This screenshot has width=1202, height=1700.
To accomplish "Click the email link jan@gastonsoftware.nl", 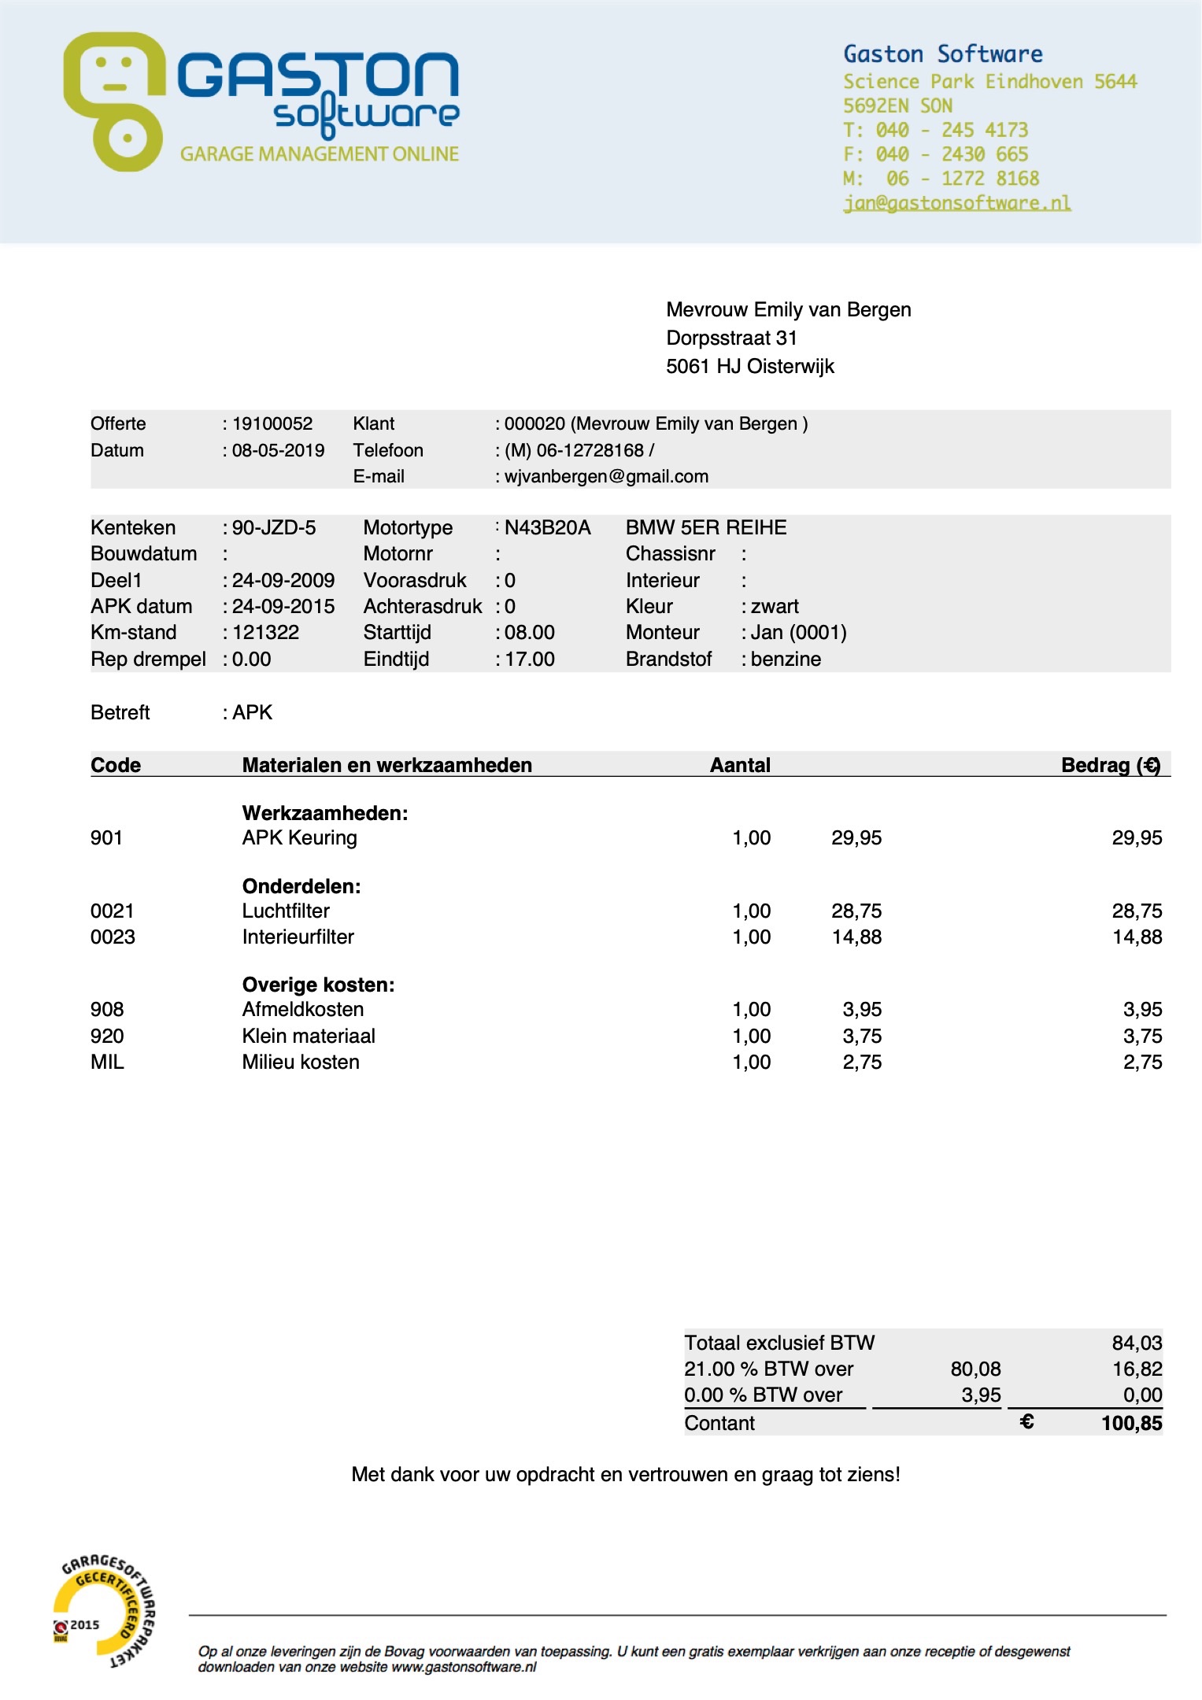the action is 956,203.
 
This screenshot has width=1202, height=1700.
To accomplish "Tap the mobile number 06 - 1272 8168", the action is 962,179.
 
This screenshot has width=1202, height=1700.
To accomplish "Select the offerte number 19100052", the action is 272,424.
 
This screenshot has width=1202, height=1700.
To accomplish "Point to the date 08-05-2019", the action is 278,451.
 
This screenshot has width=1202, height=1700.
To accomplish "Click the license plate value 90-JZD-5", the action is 273,528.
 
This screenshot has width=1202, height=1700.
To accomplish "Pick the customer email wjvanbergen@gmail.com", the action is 606,477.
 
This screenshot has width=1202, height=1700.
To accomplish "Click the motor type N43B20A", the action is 547,528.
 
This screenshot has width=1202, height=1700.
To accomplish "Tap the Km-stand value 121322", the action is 265,633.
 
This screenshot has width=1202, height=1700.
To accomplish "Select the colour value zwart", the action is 775,607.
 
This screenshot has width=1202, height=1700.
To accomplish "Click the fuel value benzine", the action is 786,660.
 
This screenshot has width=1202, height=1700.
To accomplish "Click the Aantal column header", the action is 740,765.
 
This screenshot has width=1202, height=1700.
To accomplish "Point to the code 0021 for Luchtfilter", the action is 113,911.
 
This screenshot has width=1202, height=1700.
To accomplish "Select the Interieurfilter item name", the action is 298,937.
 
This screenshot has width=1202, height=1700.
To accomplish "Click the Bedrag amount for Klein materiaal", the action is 1142,1037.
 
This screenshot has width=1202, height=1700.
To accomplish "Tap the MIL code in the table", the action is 107,1062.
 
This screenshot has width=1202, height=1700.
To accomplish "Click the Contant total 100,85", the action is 1131,1423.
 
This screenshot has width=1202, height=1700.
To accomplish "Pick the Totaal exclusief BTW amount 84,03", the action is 1137,1343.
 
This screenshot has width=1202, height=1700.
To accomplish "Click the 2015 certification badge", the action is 102,1609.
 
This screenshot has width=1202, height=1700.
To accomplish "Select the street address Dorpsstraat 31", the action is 731,338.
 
